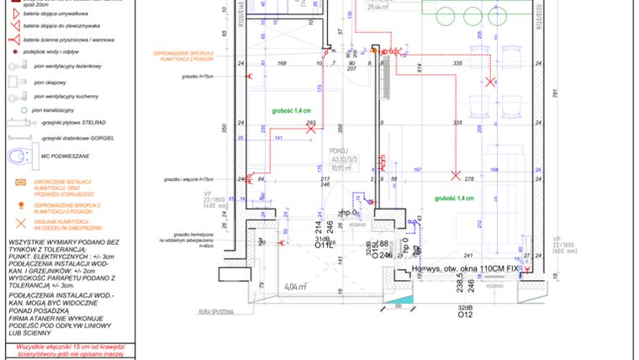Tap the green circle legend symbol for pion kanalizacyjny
pos(14,110)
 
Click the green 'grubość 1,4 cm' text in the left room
pos(291,110)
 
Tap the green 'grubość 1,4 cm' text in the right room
pos(454,199)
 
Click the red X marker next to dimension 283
pos(312,131)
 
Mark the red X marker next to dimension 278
pos(455,176)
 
